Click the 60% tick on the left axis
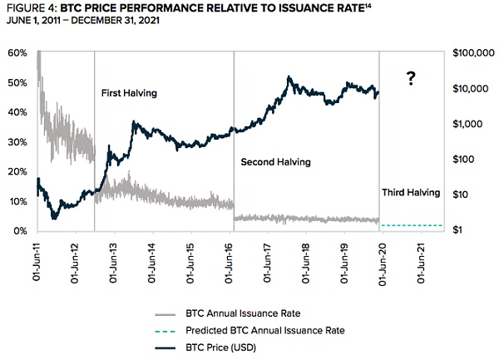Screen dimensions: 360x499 (17, 52)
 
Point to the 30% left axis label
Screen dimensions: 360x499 (17, 142)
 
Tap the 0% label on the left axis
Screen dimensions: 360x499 (21, 230)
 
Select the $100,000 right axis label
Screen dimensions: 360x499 (474, 53)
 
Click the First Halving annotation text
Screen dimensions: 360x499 (128, 94)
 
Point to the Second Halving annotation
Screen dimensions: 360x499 (275, 162)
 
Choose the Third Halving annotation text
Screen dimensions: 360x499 (411, 193)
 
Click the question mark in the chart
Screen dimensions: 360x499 (410, 79)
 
